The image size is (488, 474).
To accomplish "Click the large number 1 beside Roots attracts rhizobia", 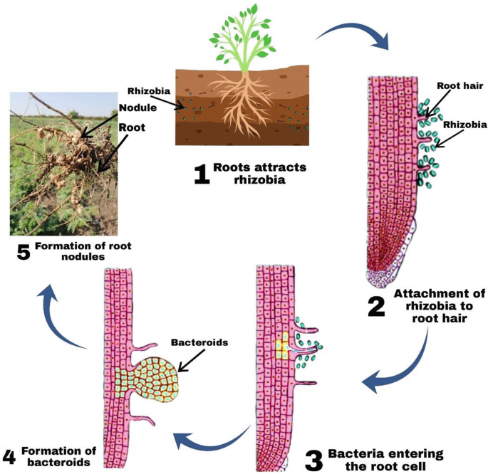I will click(202, 173).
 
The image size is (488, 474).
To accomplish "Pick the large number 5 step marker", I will click(23, 252).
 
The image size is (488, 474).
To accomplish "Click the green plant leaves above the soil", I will click(239, 32).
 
